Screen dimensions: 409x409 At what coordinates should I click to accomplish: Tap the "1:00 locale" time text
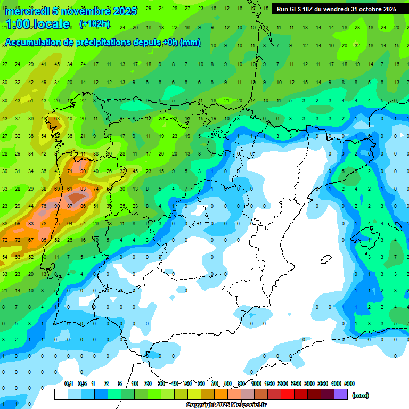[37, 24]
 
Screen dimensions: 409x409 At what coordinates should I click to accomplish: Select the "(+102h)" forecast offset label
[94, 24]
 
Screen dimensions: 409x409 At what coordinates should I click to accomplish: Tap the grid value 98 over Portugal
[57, 206]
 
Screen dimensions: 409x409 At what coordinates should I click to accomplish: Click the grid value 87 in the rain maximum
[70, 206]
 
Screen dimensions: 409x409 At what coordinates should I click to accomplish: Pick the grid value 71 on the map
[70, 171]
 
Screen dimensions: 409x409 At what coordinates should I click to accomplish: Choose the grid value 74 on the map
[96, 189]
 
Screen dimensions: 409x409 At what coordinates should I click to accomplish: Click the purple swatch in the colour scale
[341, 395]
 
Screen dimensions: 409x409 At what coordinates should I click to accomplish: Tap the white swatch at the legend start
[61, 395]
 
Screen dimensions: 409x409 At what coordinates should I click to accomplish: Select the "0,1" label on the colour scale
[69, 383]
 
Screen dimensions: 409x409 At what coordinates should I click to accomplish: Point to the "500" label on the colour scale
[349, 383]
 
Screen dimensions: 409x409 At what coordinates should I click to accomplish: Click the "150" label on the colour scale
[269, 383]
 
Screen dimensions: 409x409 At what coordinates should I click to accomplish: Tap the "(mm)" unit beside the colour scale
[361, 395]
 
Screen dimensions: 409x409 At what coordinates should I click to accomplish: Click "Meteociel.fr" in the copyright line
[249, 405]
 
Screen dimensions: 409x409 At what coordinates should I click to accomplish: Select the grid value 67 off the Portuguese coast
[31, 240]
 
